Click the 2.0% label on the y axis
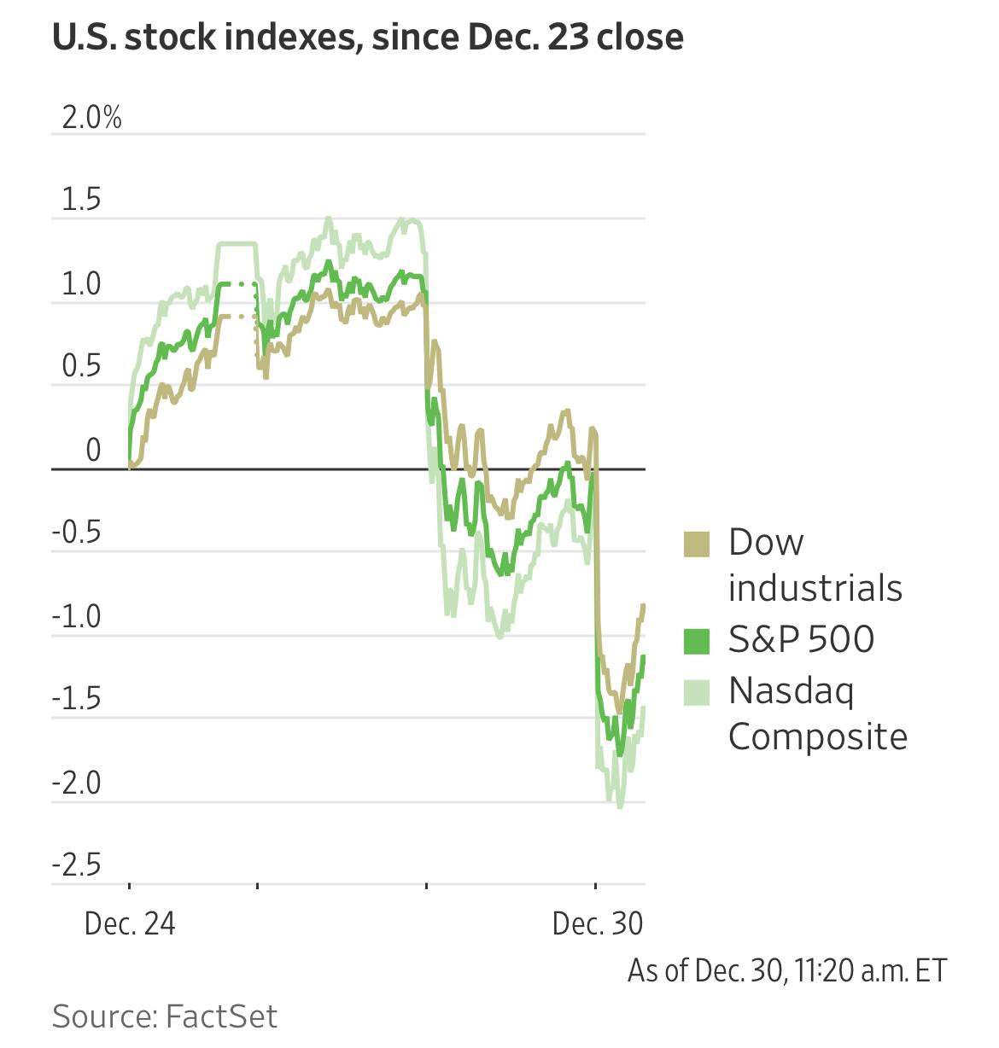[92, 118]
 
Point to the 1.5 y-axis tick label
[81, 200]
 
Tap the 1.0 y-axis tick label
[81, 284]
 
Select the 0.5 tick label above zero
[81, 367]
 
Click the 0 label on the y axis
[93, 450]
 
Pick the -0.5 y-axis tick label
[77, 533]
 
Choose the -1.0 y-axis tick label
[77, 616]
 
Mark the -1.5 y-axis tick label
[77, 699]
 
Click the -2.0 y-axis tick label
[77, 783]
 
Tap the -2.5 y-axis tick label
[77, 865]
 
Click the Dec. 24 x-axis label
[130, 923]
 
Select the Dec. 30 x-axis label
[598, 923]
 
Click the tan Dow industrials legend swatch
[697, 544]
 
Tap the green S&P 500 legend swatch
[697, 641]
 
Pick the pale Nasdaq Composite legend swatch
[697, 692]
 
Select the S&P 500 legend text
[801, 639]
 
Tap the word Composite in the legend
[817, 737]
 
